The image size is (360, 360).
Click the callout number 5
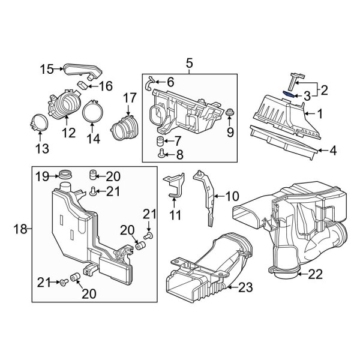(189, 63)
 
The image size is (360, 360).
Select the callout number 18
(21, 229)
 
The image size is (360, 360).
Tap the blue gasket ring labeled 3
(289, 92)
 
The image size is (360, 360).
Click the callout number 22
(315, 275)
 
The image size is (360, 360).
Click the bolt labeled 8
(161, 154)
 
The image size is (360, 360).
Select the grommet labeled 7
(160, 142)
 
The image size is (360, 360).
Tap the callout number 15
(47, 69)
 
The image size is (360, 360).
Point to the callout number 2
(325, 91)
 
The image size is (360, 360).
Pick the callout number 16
(106, 86)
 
